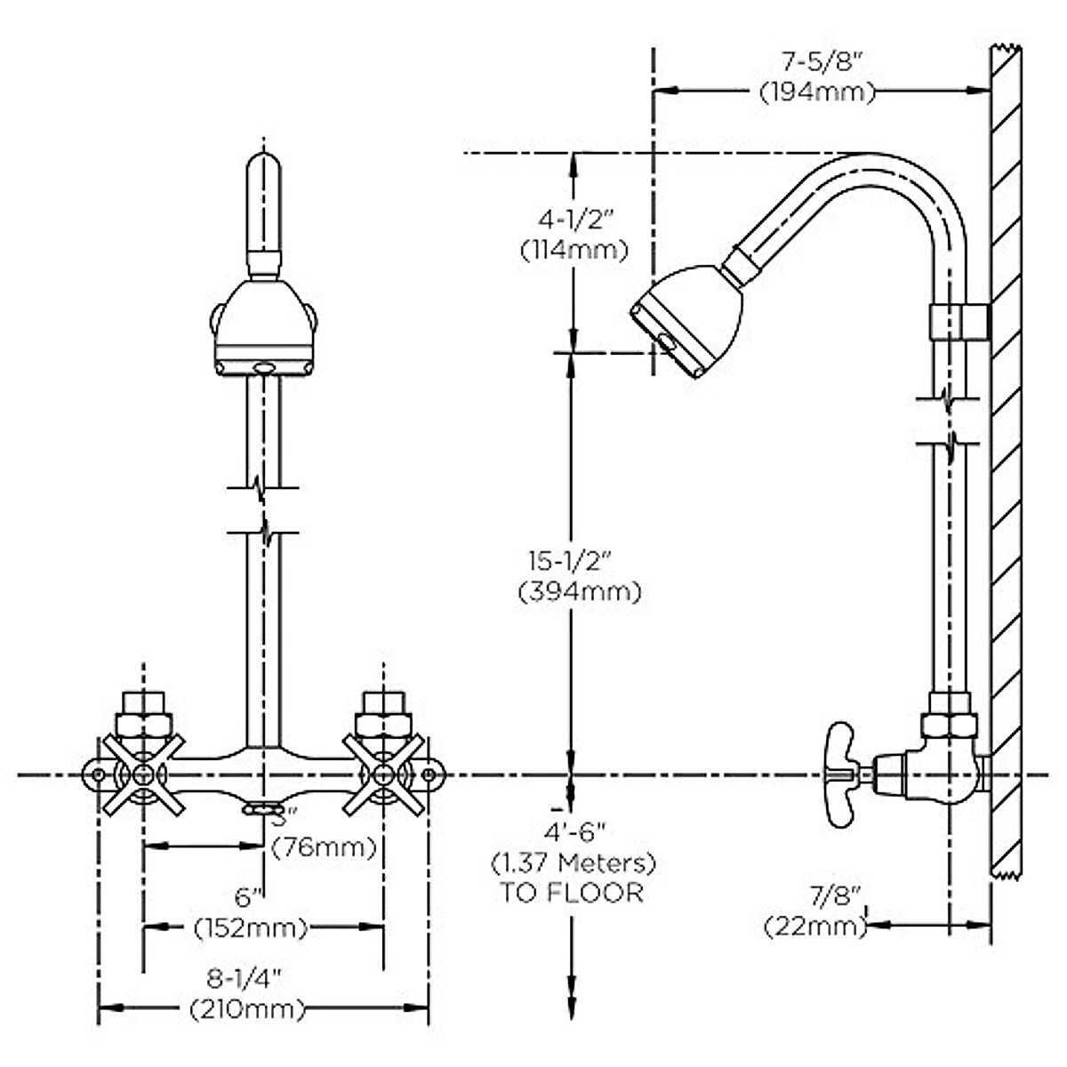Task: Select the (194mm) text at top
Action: pos(816,91)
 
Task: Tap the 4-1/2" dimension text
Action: pos(574,219)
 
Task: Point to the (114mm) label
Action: pos(574,250)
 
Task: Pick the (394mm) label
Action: pos(579,591)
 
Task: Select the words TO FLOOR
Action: pos(571,893)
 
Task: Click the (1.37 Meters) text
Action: pos(573,862)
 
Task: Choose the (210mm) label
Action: pos(247,1008)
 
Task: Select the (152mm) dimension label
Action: pos(251,928)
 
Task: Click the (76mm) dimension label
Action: pos(324,847)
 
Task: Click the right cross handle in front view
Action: pos(383,774)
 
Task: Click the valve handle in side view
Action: pos(845,765)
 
